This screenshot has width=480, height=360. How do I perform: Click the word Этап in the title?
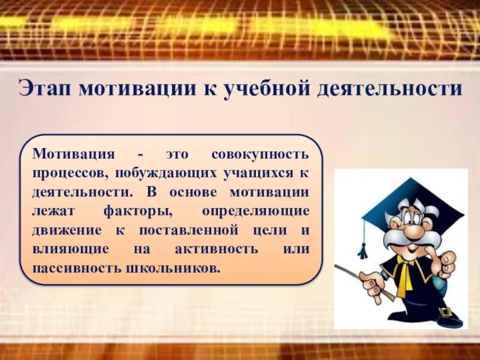44,89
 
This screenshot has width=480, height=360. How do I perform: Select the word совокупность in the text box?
261,154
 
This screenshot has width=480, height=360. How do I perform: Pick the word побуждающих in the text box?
157,173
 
